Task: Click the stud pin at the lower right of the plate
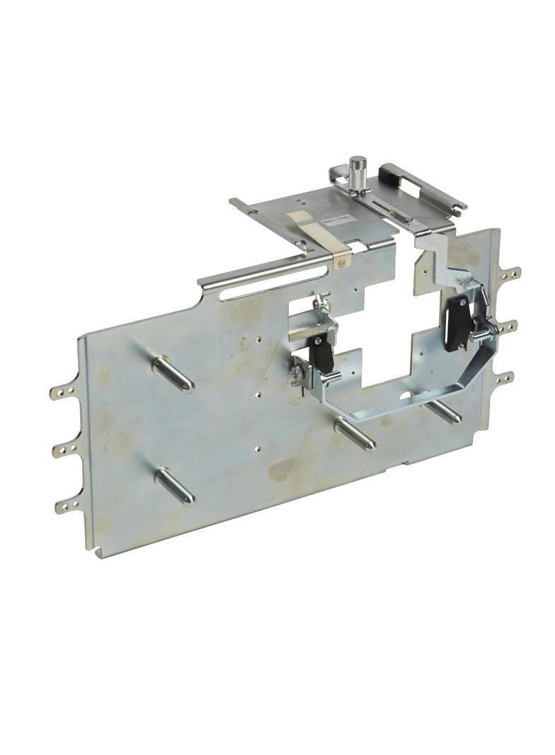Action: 445,411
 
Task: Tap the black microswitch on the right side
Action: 457,325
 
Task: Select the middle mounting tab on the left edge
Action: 63,448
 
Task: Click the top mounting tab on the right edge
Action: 511,272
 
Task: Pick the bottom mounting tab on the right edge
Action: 505,377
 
